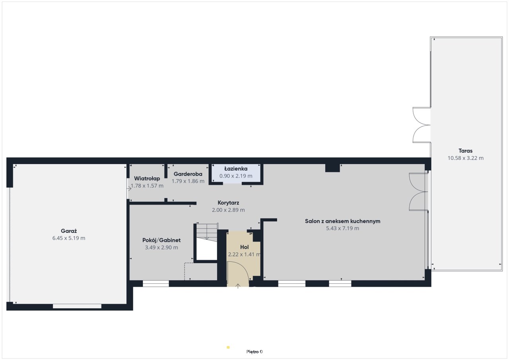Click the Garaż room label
(x=69, y=231)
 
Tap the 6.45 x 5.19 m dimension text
(x=69, y=238)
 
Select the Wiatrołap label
(x=147, y=179)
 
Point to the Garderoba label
(x=188, y=174)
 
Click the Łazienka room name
(x=236, y=168)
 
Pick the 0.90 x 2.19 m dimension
(x=236, y=176)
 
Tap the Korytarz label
(x=228, y=203)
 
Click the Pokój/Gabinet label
(x=161, y=240)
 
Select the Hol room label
(x=245, y=247)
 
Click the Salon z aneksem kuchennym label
(x=343, y=221)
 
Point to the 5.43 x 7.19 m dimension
(x=343, y=228)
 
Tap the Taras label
(x=466, y=151)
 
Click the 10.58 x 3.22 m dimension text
(x=466, y=158)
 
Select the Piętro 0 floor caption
(x=254, y=352)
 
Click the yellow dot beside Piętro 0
(x=228, y=347)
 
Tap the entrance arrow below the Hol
(x=238, y=286)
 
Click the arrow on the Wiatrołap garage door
(x=129, y=188)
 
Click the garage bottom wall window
(x=77, y=306)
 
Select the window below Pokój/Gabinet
(x=156, y=283)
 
